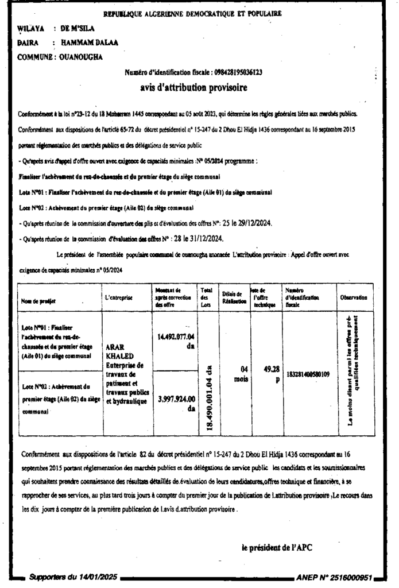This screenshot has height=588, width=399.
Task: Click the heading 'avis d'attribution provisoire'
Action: point(193,88)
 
